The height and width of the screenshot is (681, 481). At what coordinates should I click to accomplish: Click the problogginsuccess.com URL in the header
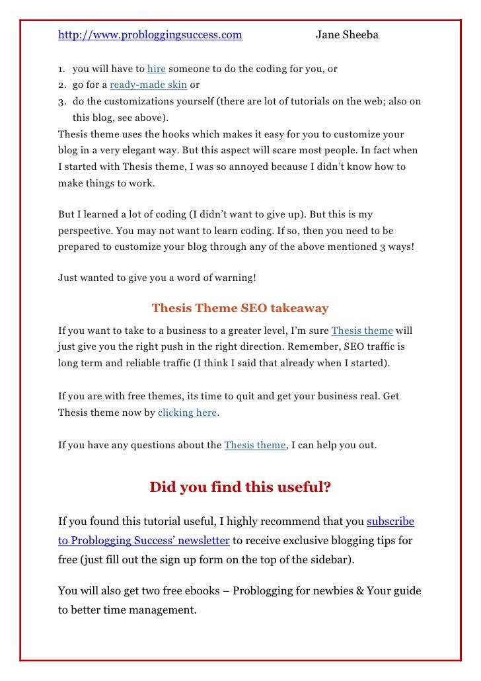click(150, 35)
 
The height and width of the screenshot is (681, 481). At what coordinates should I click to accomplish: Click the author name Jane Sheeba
click(347, 35)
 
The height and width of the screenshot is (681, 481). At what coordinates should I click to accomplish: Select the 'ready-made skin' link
click(149, 85)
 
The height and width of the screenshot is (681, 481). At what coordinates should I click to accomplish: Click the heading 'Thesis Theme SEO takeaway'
click(240, 308)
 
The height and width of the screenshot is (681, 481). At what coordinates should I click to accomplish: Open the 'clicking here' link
click(188, 413)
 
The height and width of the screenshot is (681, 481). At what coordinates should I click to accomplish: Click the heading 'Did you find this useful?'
click(240, 487)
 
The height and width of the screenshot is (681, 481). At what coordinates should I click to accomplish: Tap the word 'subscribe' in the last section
click(390, 522)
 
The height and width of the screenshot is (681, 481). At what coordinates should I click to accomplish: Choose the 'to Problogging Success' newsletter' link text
click(144, 541)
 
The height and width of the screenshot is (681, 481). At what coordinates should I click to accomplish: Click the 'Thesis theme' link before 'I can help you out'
click(255, 445)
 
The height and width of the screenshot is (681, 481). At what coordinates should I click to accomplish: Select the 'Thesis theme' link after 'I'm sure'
click(362, 331)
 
